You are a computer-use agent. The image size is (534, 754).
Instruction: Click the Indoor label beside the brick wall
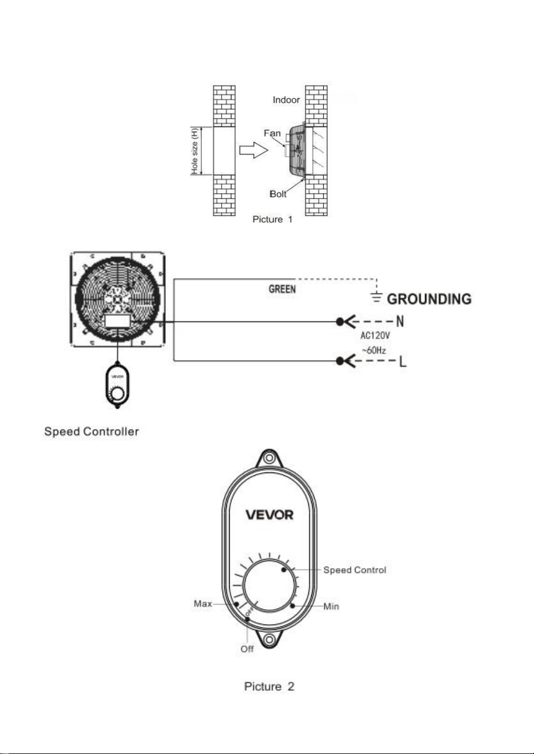286,100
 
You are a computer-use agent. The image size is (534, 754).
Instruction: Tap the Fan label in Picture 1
272,133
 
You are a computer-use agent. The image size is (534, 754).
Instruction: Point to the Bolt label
278,194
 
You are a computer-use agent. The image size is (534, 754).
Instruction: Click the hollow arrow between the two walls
254,150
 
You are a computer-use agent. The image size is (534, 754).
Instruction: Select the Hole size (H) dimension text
194,150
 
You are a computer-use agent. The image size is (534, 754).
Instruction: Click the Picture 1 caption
272,219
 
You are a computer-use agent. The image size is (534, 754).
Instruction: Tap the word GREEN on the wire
282,289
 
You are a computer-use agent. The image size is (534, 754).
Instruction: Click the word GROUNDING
429,299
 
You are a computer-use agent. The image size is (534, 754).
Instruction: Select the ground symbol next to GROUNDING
377,297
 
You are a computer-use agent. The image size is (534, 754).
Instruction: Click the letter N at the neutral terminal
400,322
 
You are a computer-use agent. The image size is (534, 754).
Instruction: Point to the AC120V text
375,336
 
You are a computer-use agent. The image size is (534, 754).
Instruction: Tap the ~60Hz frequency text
374,350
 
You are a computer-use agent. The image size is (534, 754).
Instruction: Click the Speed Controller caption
91,431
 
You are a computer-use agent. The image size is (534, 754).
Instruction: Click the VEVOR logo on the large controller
270,515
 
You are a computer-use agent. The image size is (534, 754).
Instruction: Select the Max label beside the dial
203,604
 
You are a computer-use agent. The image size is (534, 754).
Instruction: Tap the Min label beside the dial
331,606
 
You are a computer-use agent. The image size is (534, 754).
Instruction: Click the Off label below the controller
247,649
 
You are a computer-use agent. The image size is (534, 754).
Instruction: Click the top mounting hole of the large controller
268,458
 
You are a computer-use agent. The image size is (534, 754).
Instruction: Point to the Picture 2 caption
269,686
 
